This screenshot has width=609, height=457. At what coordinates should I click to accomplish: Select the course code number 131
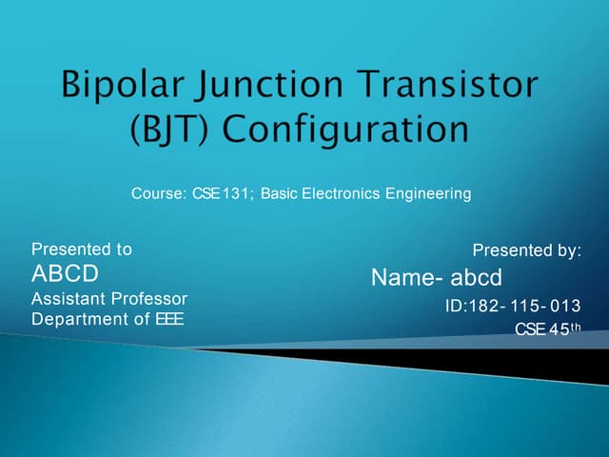(x=233, y=194)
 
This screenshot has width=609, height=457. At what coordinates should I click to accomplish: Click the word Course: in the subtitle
(x=158, y=194)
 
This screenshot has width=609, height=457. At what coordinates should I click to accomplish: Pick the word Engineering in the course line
(x=428, y=194)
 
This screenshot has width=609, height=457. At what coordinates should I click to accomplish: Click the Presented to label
(x=82, y=249)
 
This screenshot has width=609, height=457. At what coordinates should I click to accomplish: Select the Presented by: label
(x=526, y=250)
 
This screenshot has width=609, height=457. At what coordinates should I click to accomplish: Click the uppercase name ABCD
(x=65, y=274)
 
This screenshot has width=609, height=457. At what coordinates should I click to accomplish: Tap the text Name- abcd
(x=436, y=278)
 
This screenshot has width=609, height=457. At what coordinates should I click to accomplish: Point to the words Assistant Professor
(x=109, y=299)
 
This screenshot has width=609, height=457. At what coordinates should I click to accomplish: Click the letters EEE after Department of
(x=170, y=319)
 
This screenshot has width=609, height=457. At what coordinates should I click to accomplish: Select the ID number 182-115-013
(x=513, y=306)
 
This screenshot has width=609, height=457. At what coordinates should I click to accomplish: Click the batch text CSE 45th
(x=547, y=329)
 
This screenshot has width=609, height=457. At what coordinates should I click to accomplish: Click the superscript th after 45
(x=574, y=328)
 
